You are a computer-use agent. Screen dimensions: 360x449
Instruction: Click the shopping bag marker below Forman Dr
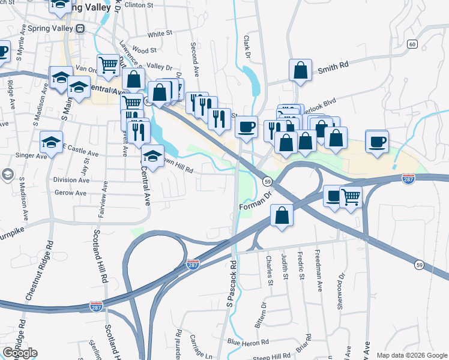click(282, 215)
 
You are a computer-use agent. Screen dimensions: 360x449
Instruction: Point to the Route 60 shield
click(412, 44)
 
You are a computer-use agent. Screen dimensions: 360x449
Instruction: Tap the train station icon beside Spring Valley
click(80, 28)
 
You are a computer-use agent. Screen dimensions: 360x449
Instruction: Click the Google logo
click(20, 353)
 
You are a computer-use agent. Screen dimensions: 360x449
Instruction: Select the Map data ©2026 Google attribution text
click(412, 355)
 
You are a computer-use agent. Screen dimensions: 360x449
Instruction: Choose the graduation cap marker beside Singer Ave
click(51, 142)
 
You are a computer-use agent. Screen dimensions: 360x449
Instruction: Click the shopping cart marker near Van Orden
click(109, 64)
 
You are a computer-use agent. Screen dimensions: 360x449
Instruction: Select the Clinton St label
click(137, 5)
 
